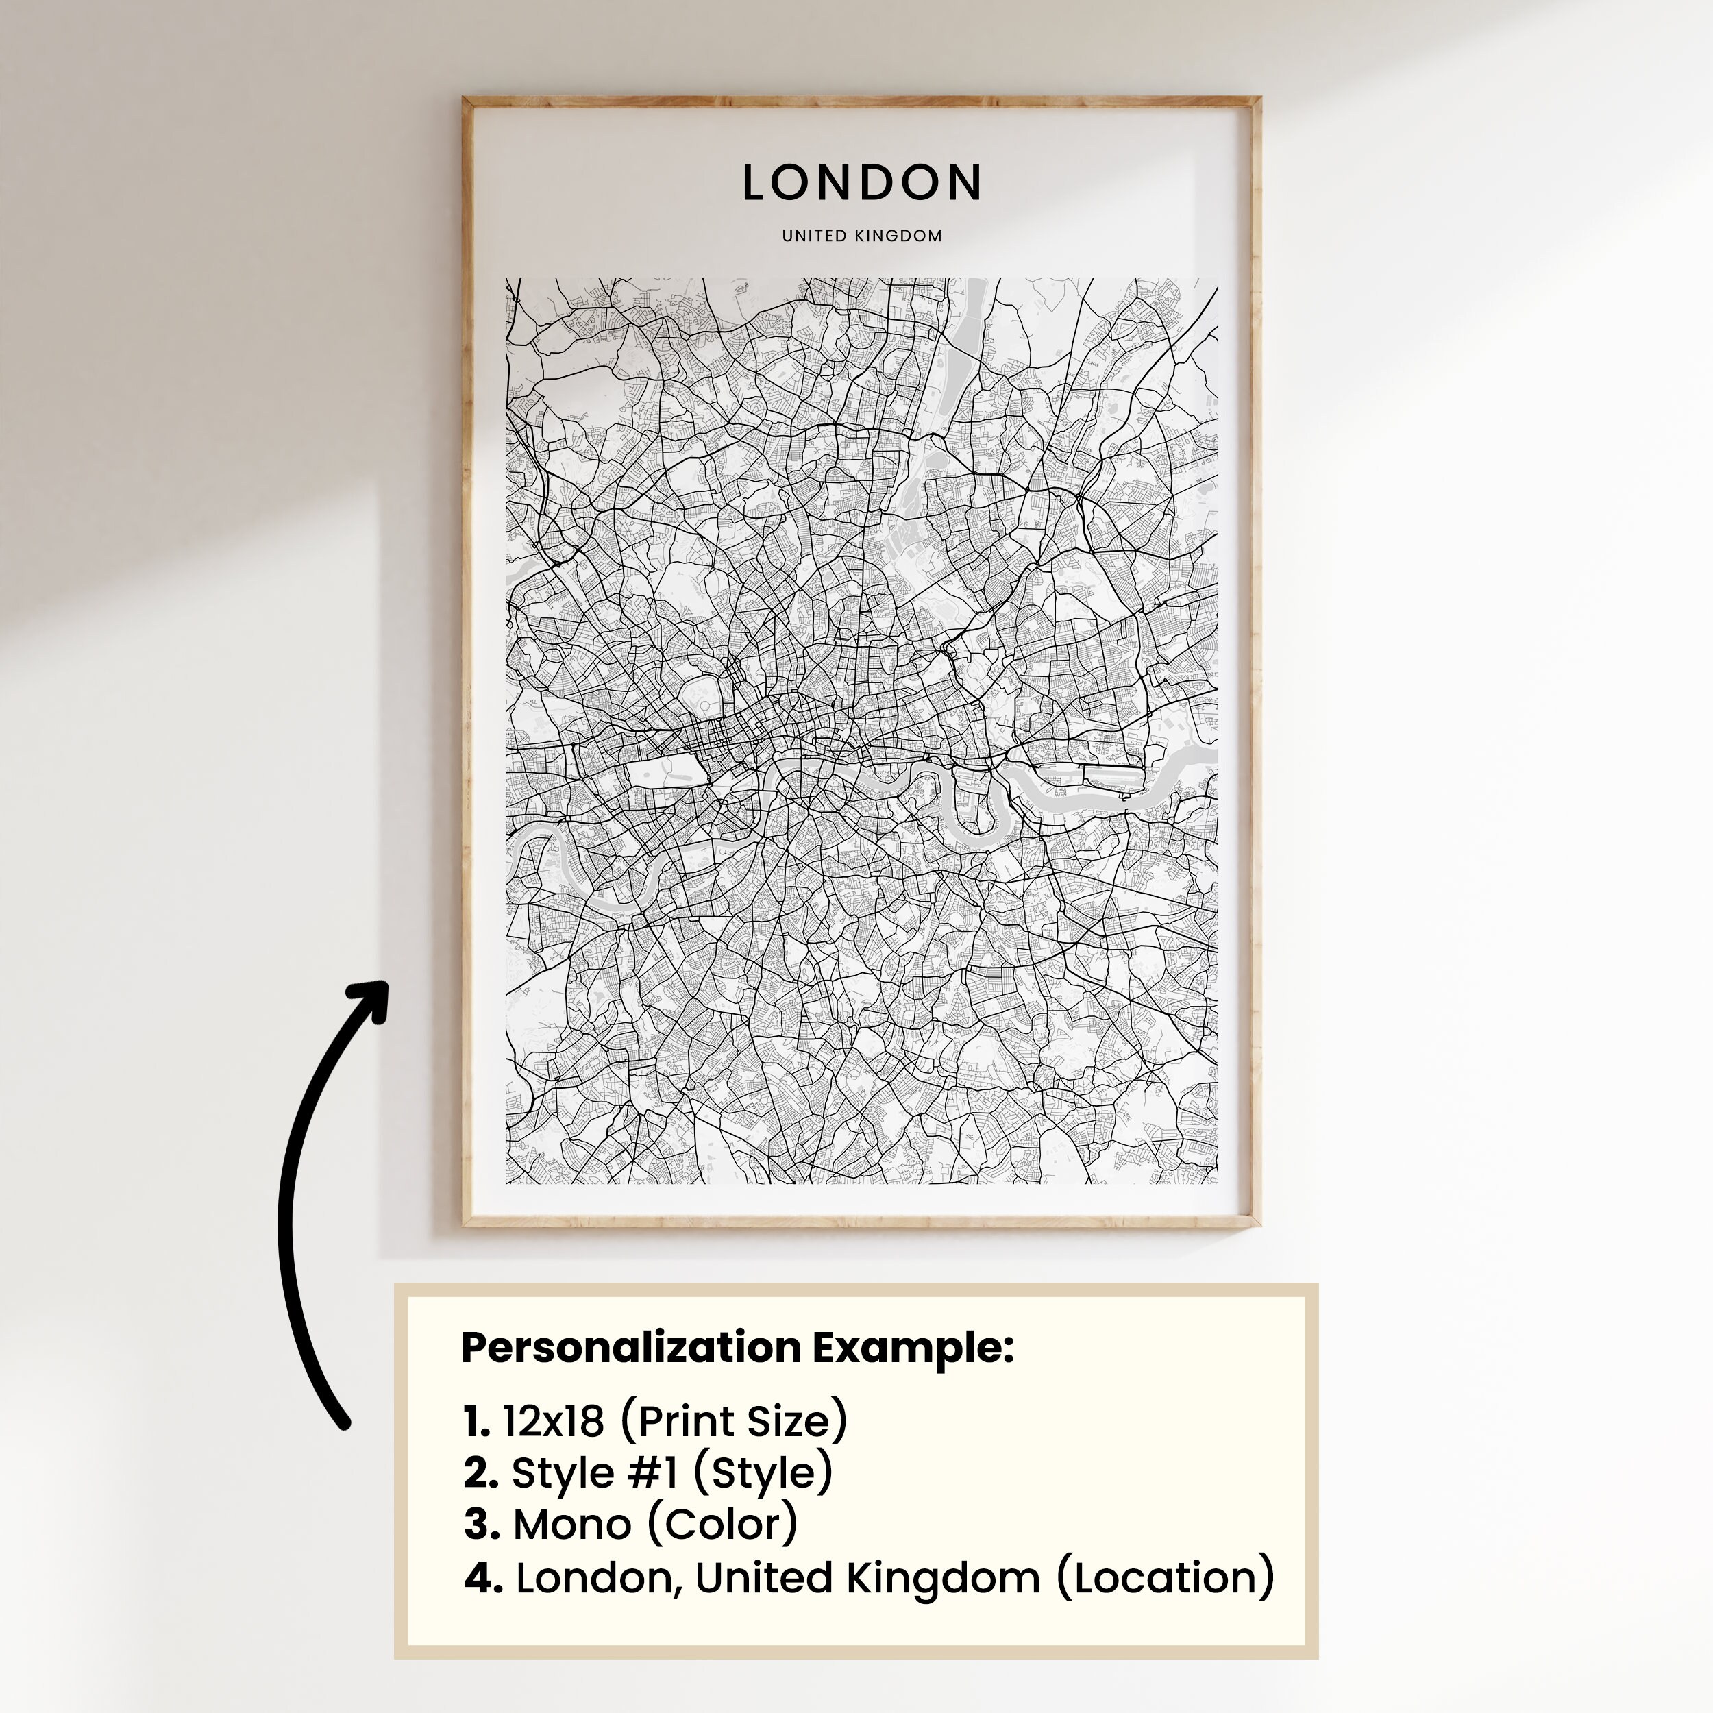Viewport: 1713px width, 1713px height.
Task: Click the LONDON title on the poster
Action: (x=861, y=183)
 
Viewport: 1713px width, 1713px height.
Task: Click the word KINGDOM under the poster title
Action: (x=898, y=236)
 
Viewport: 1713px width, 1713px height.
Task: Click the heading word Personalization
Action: (x=630, y=1348)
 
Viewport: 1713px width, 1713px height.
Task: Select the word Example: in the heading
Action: (x=913, y=1348)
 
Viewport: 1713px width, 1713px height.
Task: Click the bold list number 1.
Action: (x=476, y=1421)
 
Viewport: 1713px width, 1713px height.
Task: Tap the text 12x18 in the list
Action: (x=553, y=1421)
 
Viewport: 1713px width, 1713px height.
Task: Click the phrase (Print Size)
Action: (x=733, y=1421)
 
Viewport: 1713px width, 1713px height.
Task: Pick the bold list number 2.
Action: (x=480, y=1472)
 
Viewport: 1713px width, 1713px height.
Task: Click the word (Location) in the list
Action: (x=1165, y=1578)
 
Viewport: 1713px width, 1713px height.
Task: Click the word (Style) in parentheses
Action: (x=763, y=1472)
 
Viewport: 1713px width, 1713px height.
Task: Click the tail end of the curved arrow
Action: (x=344, y=1424)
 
